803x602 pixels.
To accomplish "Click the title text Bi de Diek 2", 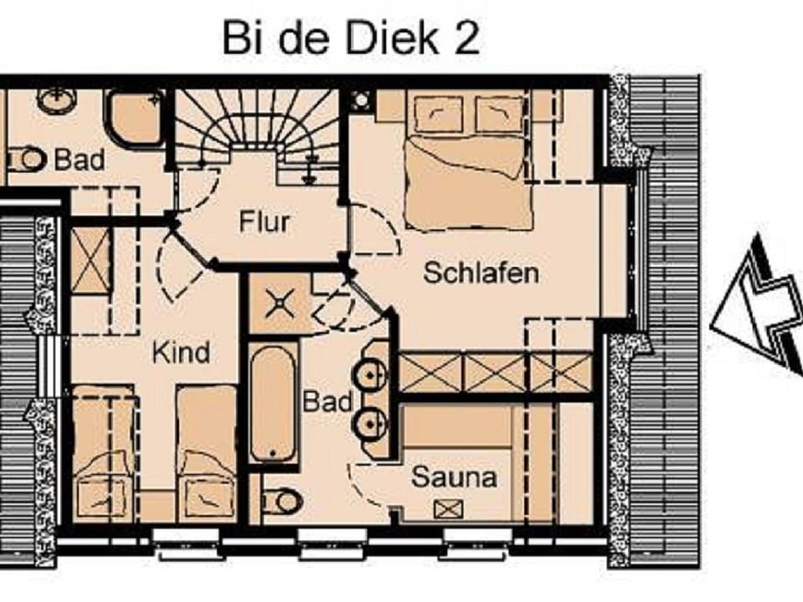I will coord(350,38).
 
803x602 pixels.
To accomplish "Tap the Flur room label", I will coord(264,222).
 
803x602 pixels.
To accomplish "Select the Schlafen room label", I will coord(480,273).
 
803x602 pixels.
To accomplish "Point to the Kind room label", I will coord(181,353).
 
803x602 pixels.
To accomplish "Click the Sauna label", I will coord(453,478).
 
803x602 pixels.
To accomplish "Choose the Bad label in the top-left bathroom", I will coord(79,160).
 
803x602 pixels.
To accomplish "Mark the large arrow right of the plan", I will coord(757,305).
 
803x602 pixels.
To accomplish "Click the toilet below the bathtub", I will coord(282,502).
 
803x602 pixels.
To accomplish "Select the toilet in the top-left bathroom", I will coord(28,159).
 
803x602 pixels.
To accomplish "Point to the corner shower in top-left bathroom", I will coord(135,120).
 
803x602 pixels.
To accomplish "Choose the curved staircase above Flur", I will coord(256,125).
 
